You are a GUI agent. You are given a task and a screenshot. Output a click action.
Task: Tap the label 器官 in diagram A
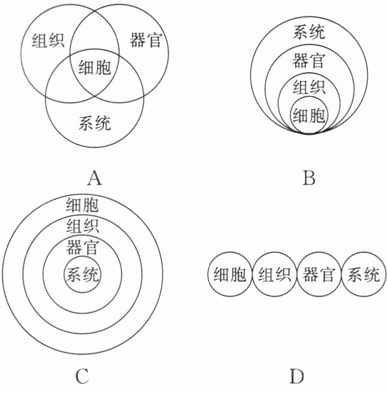(146, 40)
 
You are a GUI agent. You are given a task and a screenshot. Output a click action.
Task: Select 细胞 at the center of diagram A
(95, 68)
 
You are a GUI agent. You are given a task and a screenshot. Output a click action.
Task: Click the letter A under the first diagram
(95, 178)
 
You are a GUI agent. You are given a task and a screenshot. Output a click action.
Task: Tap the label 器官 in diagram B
(308, 61)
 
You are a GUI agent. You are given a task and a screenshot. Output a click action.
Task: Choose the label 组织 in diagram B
(308, 87)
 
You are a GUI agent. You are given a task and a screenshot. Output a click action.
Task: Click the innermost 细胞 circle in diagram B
(308, 114)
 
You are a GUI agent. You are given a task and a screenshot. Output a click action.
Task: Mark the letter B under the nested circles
(309, 178)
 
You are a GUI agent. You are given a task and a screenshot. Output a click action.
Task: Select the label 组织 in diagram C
(82, 226)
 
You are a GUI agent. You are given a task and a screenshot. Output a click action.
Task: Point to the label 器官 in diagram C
(82, 247)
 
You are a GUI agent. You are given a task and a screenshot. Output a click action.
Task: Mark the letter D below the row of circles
(296, 377)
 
